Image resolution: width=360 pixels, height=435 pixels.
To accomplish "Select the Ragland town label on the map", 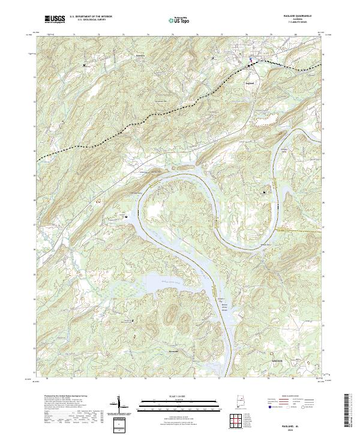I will tap(250, 83).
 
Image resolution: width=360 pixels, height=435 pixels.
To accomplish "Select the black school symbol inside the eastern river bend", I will tap(264, 191).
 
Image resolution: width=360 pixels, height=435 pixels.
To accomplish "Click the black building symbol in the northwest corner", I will tap(84, 64).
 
